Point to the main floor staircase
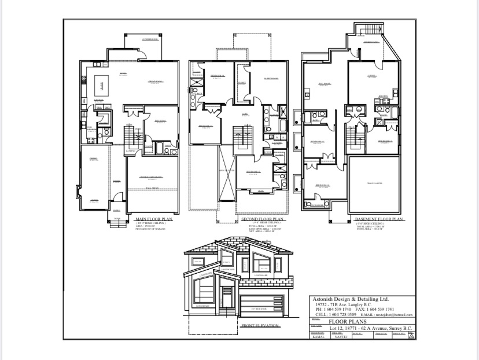point(134,138)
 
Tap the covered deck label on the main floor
point(135,39)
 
